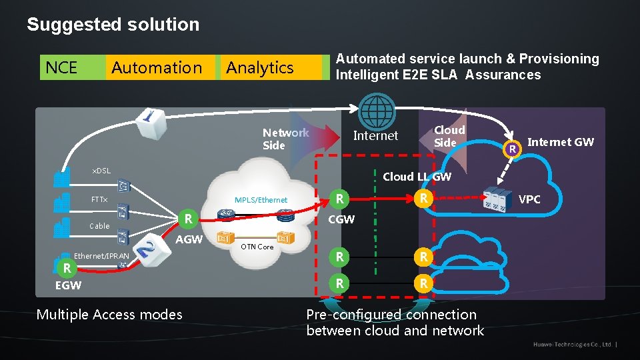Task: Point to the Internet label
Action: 375,136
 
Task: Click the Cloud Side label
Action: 449,136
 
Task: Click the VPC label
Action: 529,199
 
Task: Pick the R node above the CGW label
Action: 340,199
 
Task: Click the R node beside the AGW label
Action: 189,218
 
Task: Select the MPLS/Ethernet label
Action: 261,200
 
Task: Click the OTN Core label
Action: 257,247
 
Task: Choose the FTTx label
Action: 99,200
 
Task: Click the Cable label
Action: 99,226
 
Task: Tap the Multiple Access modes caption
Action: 109,315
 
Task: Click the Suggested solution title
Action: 113,25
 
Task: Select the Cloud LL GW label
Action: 417,177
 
